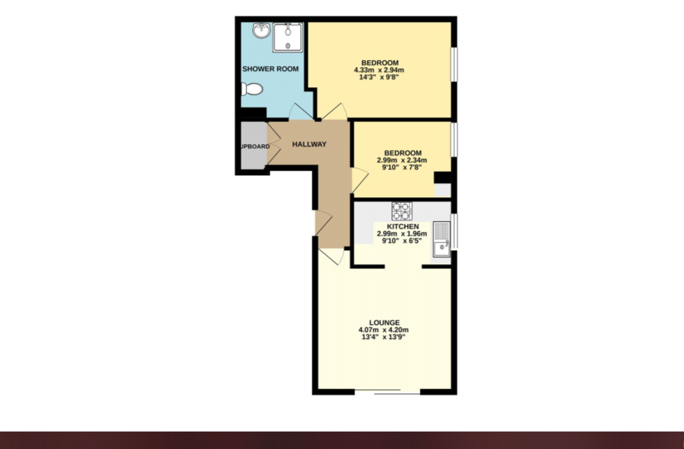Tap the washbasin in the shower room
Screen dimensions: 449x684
(x=261, y=31)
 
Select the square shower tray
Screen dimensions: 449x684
(x=287, y=37)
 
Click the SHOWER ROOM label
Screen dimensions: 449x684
(x=271, y=69)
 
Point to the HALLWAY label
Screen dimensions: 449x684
(x=310, y=144)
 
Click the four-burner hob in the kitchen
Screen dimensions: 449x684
(x=401, y=211)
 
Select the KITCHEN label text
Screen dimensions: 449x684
(x=403, y=227)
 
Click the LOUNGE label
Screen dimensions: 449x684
(x=384, y=323)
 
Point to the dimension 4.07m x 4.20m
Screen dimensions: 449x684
(x=384, y=330)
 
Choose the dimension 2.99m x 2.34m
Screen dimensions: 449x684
(x=402, y=160)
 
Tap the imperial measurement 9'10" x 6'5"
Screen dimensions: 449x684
(x=402, y=240)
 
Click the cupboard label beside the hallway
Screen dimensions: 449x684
(x=254, y=146)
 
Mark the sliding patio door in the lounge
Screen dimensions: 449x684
(x=387, y=392)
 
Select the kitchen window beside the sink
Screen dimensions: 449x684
(x=454, y=231)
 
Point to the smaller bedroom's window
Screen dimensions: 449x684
(x=454, y=139)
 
